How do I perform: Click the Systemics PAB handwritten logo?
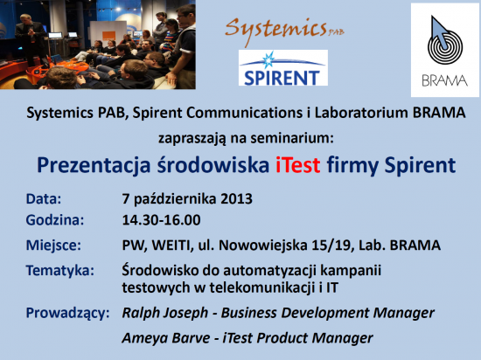tap(284, 31)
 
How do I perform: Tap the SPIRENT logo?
tap(283, 67)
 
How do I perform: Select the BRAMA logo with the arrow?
tap(445, 50)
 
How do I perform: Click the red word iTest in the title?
tap(298, 165)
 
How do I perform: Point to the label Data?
tap(44, 199)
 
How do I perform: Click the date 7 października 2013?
tap(187, 199)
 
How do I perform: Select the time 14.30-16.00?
tap(162, 220)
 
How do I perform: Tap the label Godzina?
tap(55, 220)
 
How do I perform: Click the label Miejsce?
tap(53, 246)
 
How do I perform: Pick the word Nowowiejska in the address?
tap(263, 246)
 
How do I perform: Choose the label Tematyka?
tap(60, 271)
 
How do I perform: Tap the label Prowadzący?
tap(68, 314)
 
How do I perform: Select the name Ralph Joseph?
tap(165, 313)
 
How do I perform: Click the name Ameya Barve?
tap(166, 338)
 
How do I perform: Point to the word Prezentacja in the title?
tap(94, 165)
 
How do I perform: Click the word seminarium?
tap(292, 138)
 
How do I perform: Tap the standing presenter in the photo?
tap(31, 40)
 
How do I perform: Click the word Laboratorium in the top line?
tap(361, 113)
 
